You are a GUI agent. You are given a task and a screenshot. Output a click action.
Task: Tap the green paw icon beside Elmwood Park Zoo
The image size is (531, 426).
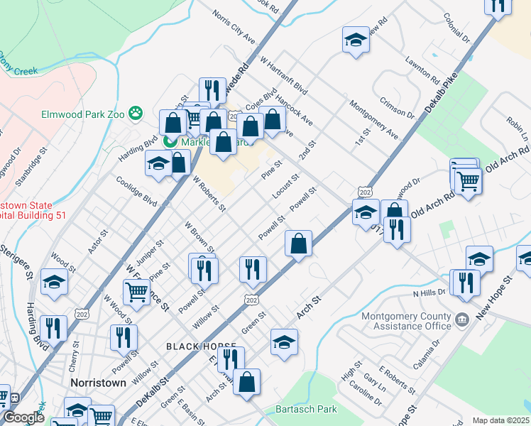click(x=136, y=113)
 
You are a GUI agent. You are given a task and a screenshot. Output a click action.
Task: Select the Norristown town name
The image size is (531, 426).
click(x=99, y=382)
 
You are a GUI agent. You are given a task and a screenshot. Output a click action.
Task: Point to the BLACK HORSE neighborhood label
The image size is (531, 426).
click(x=192, y=346)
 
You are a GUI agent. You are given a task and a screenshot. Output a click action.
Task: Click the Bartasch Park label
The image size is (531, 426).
click(x=307, y=409)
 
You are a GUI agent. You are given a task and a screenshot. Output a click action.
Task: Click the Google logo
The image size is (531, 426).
click(x=23, y=418)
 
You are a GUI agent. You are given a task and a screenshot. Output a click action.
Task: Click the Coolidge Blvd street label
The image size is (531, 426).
click(x=136, y=190)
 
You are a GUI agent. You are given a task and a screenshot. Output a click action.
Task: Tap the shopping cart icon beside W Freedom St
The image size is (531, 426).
click(x=136, y=290)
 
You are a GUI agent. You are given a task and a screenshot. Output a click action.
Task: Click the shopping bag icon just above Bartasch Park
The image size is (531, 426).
click(x=246, y=381)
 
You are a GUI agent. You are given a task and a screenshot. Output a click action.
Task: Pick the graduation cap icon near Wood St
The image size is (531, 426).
click(x=54, y=281)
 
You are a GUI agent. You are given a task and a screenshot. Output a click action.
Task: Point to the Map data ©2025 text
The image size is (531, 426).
click(x=501, y=420)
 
